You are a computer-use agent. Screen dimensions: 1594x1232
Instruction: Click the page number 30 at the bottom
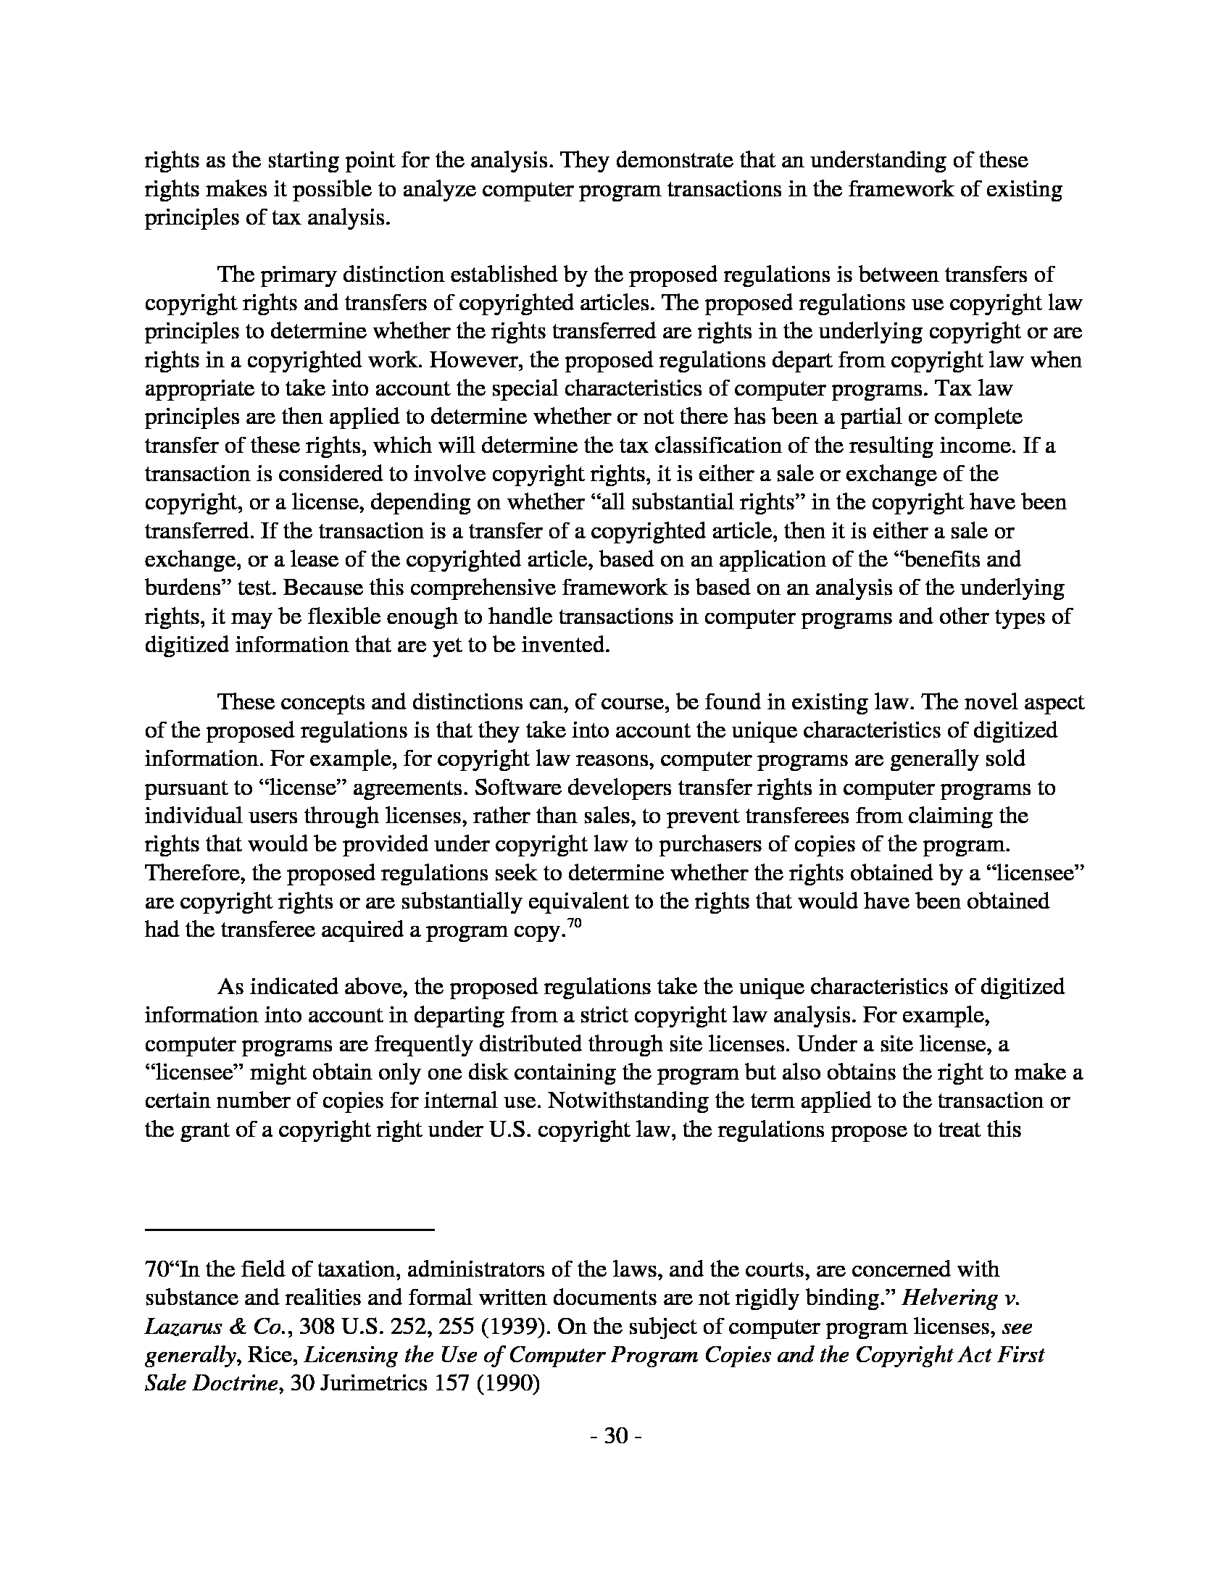pos(616,1435)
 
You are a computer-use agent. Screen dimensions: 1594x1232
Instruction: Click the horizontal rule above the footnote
pos(290,1230)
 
